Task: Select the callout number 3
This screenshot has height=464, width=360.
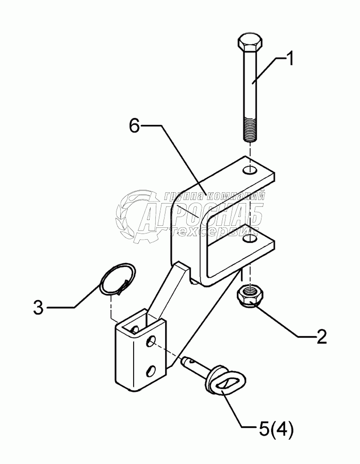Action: point(38,309)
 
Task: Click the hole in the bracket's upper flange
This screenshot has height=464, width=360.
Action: point(250,170)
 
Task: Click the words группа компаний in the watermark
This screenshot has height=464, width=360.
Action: point(214,196)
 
